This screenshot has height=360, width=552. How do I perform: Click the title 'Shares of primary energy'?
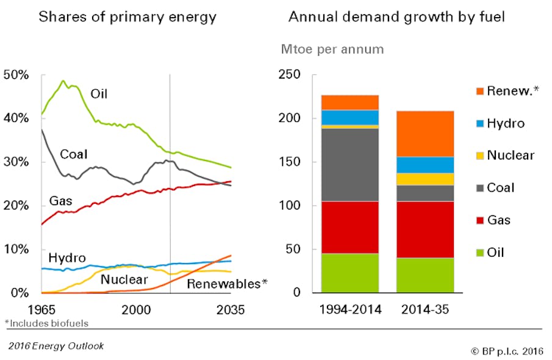tap(127, 16)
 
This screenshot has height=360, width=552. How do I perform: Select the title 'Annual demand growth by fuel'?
tap(396, 16)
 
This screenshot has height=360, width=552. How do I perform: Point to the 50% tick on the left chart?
tap(16, 75)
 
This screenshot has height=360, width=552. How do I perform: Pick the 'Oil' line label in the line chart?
tap(101, 94)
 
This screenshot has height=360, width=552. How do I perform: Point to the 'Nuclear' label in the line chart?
tap(125, 279)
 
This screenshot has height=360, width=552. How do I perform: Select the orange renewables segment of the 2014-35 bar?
tap(425, 134)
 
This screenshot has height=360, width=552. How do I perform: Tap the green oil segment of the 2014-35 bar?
tap(425, 275)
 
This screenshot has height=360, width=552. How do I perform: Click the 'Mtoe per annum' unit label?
tap(332, 49)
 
